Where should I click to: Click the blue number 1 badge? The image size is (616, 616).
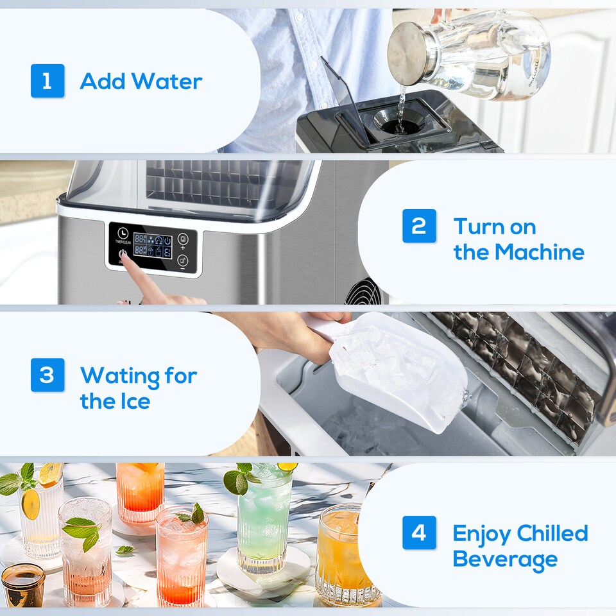tap(47, 81)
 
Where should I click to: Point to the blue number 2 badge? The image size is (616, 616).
tap(419, 226)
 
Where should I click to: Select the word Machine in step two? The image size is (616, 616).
tap(538, 252)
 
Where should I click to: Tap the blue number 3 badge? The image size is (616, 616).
tap(47, 375)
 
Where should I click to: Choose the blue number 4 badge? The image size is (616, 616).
tap(419, 533)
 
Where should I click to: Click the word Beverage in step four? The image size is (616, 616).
tap(505, 559)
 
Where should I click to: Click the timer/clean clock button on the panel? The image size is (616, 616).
tap(123, 234)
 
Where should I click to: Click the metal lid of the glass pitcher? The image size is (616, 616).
tap(408, 53)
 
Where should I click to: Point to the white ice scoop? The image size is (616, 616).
tap(398, 366)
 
